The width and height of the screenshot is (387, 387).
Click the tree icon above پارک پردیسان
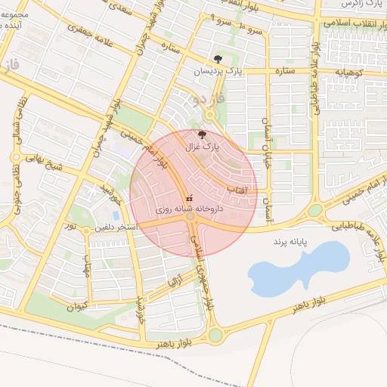coord(218,58)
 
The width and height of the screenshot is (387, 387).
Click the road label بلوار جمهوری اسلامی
coord(201,276)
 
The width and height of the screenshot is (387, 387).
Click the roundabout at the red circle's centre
coord(192,217)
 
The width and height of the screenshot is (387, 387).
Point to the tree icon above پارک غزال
coord(200,134)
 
